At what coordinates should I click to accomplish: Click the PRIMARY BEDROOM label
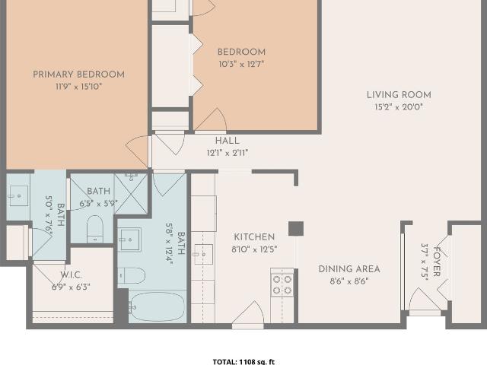79,75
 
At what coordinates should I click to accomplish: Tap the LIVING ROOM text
399,94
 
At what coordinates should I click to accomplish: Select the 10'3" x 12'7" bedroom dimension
241,64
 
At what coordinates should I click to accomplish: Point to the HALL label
228,141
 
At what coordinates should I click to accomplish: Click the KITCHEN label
254,237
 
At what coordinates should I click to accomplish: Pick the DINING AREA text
349,269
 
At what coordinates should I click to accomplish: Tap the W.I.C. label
71,275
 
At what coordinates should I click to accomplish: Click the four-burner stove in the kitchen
282,284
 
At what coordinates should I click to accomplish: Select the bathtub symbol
158,306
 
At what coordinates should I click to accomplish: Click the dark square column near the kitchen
296,229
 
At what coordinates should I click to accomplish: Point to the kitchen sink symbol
203,254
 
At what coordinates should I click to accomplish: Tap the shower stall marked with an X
131,194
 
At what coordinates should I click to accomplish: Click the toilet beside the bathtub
132,275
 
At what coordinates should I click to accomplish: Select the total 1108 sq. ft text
243,362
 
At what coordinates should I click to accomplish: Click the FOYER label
437,262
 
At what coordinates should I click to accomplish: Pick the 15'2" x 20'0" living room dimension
399,107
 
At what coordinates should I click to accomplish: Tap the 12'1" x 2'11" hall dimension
228,153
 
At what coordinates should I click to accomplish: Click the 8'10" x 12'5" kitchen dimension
254,249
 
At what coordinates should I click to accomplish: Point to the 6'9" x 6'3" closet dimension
71,287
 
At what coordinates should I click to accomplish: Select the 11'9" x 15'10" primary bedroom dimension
79,87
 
